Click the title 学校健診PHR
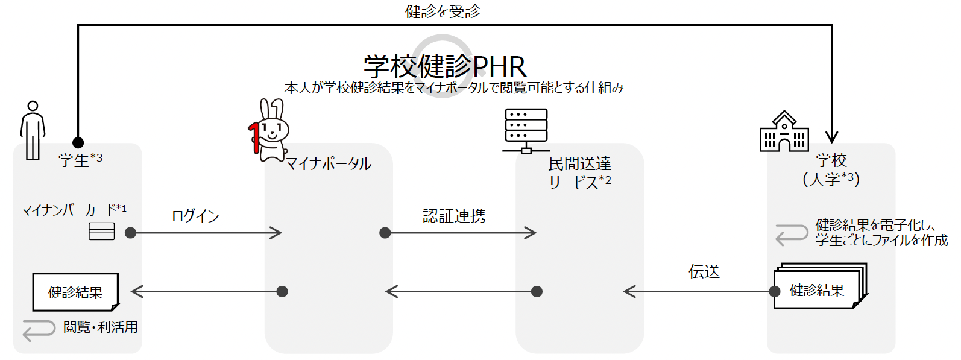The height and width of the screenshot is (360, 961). (x=445, y=66)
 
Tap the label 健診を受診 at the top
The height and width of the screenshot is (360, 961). (x=443, y=11)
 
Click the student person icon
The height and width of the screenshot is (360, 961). (x=33, y=130)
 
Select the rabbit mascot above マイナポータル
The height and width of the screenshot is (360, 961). (x=269, y=130)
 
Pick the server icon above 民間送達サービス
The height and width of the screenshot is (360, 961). (x=526, y=130)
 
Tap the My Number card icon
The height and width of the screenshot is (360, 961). (x=101, y=232)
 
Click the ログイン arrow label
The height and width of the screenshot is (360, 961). (x=195, y=216)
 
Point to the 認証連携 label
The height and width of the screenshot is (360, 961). (x=454, y=216)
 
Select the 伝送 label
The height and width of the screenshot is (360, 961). (x=704, y=272)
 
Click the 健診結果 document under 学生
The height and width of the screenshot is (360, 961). (x=75, y=292)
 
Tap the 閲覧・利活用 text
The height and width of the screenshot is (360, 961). (x=101, y=327)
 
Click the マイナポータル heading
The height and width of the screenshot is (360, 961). (x=329, y=163)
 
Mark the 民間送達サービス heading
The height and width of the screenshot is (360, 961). (x=579, y=172)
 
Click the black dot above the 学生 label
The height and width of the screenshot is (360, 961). (x=78, y=143)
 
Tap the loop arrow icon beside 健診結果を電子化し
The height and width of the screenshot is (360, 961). (x=792, y=234)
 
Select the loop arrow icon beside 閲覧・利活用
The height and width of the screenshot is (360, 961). (x=39, y=329)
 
